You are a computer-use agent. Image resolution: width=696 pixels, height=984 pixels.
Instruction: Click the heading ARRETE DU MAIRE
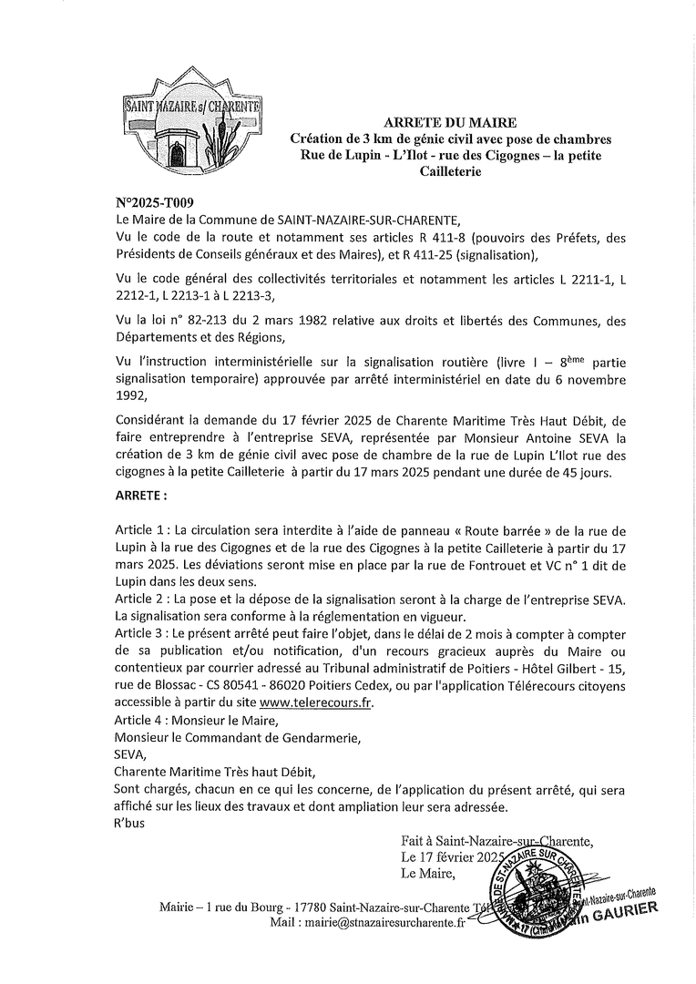(x=450, y=121)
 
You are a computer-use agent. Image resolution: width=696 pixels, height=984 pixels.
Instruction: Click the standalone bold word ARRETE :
(x=141, y=497)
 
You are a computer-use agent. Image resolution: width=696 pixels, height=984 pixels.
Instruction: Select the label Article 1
(x=144, y=530)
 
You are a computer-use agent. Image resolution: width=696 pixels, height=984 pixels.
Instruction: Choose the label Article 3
(x=144, y=633)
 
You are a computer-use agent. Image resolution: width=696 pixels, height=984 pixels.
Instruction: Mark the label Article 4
(x=144, y=720)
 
